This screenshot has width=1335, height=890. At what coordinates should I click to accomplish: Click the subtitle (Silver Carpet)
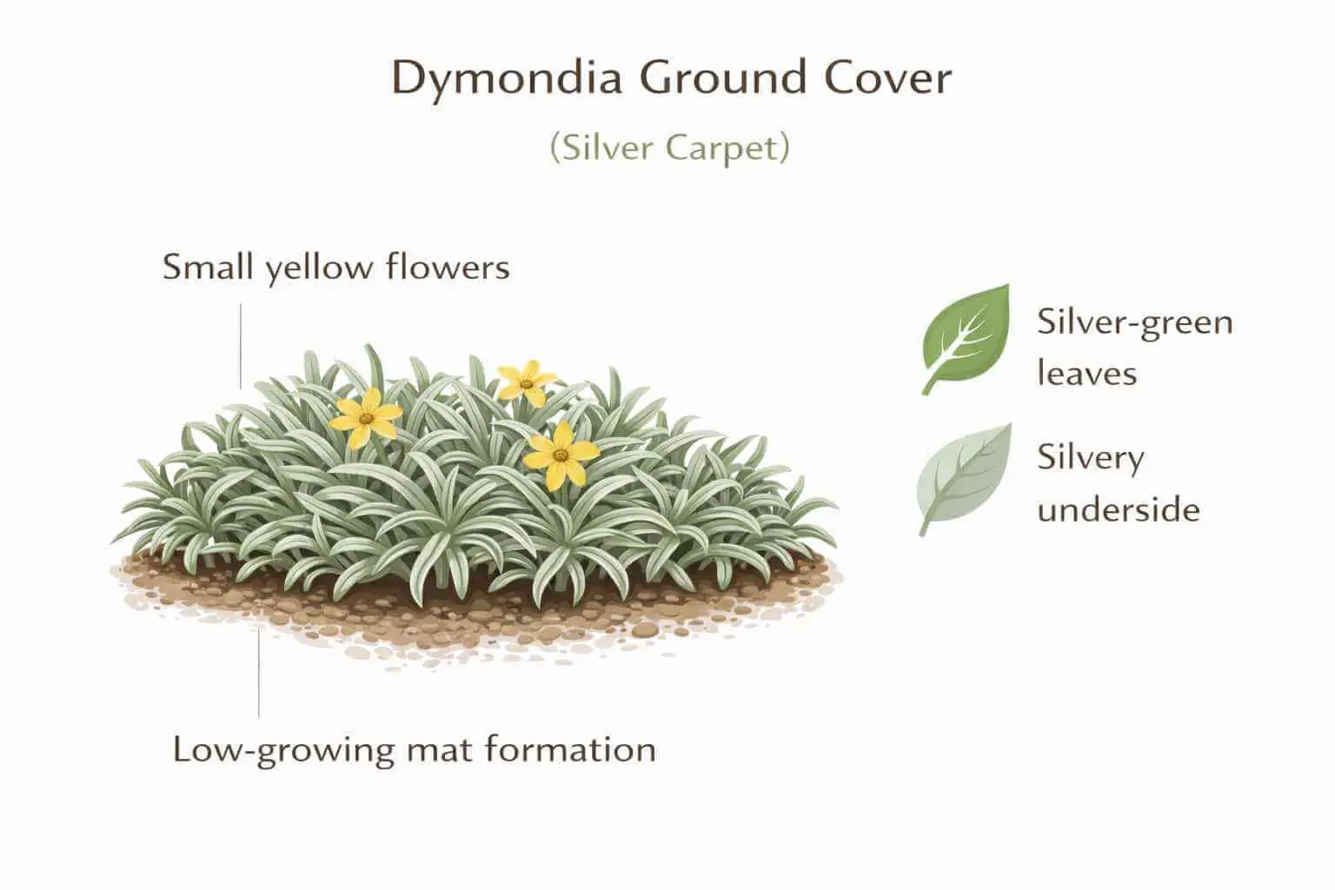coord(669,148)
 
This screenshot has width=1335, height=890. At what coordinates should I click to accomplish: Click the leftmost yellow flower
coord(367,418)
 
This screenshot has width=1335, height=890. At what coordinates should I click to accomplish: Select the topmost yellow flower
coord(526,382)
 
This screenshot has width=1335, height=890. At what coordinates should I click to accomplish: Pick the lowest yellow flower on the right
coord(561,454)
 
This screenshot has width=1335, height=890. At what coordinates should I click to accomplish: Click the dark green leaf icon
coord(966,338)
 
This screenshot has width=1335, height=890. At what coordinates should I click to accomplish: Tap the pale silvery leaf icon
coord(965,477)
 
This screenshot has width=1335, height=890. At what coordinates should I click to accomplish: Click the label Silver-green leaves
coord(1134,347)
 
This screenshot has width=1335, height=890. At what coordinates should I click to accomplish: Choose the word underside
coord(1118,509)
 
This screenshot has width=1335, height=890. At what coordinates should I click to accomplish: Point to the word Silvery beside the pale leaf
coord(1090,458)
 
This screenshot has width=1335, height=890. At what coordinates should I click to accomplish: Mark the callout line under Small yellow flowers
coord(241,346)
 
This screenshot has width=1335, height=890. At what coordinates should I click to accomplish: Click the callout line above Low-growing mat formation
coord(259,674)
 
